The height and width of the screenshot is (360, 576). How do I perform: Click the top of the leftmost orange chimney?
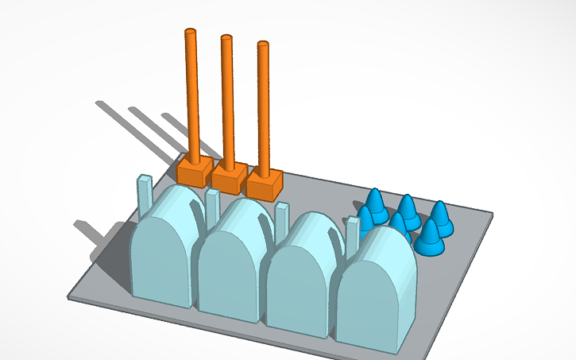(x=190, y=33)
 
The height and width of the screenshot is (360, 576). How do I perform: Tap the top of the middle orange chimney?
(x=226, y=38)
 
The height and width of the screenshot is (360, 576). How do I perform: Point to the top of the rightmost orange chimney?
(x=263, y=45)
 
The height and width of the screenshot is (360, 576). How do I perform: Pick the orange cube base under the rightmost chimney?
(x=264, y=185)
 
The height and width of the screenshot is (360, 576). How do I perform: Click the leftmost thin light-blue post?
(x=144, y=194)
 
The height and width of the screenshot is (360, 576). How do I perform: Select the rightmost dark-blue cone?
(x=440, y=219)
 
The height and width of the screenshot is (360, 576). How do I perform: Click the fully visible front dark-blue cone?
(x=430, y=238)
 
